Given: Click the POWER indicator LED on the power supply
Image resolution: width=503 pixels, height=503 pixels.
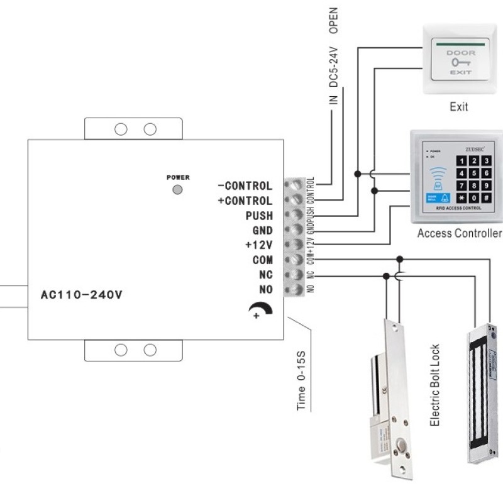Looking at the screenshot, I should (178, 189).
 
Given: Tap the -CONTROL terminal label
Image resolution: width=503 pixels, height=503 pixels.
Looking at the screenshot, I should (245, 186).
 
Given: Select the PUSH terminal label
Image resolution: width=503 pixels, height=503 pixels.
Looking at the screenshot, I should (258, 216).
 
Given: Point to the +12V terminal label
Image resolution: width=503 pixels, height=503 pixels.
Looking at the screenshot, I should (258, 245).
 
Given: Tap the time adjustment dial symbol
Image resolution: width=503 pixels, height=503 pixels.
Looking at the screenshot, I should (257, 309).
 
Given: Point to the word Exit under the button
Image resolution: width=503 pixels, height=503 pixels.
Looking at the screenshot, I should (459, 107).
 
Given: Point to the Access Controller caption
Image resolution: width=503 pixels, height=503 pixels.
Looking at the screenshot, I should (460, 233).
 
